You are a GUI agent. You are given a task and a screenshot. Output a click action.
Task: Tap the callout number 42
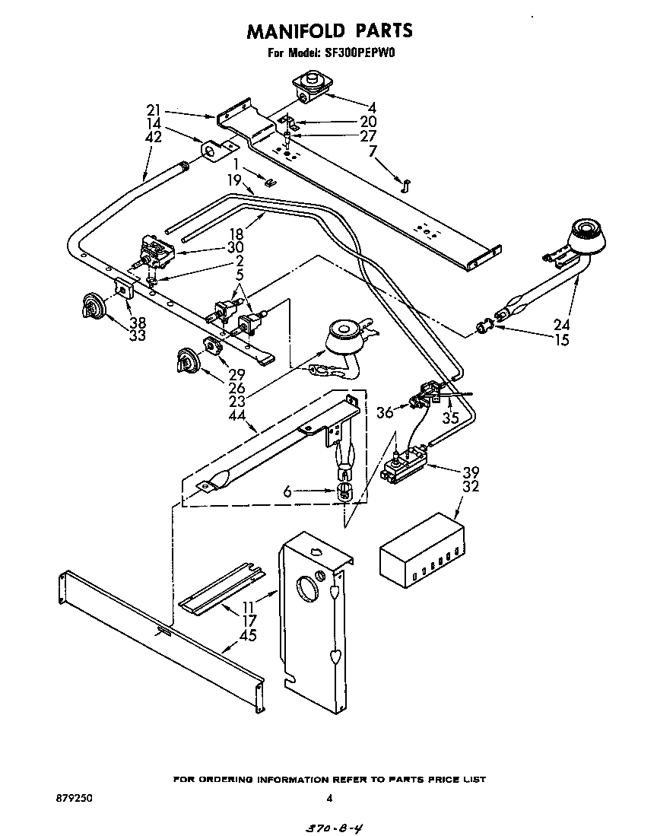point(154,138)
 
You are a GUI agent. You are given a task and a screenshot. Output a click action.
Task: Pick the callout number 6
point(287,493)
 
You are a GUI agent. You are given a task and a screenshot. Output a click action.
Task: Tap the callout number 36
point(386,412)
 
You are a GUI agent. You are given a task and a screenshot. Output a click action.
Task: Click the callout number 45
point(248,635)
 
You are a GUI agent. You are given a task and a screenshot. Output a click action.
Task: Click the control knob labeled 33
point(90,308)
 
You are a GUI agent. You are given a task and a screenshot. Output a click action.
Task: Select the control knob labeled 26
point(185,358)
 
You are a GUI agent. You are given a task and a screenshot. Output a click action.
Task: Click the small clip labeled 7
point(405,183)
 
